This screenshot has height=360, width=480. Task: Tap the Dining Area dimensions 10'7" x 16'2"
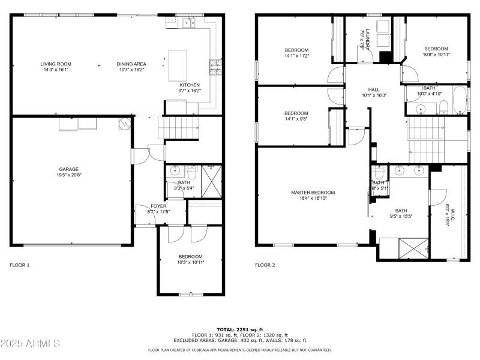click(131, 70)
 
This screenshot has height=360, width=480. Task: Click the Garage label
click(68, 169)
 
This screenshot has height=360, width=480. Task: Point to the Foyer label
click(158, 206)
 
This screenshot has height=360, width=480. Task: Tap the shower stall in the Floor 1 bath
click(210, 178)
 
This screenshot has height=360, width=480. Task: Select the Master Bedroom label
click(313, 193)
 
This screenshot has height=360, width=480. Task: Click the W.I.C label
click(452, 214)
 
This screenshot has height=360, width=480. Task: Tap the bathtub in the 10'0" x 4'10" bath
click(459, 101)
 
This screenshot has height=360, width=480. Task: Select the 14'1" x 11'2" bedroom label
click(296, 50)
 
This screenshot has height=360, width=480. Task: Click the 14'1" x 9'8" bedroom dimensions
click(296, 119)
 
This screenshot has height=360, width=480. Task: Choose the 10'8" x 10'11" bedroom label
click(436, 49)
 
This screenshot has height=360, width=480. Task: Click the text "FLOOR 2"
click(265, 265)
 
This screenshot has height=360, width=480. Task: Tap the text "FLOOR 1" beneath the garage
click(19, 265)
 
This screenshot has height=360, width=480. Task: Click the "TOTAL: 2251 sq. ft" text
click(240, 329)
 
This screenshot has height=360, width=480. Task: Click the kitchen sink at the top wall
click(190, 23)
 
